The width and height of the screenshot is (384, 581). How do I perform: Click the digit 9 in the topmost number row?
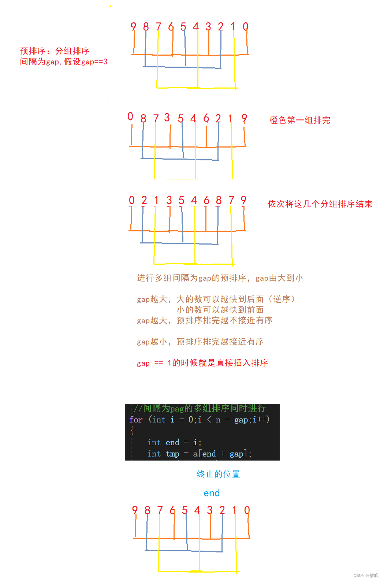[133, 26]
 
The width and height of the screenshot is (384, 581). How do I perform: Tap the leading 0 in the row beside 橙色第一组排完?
[130, 116]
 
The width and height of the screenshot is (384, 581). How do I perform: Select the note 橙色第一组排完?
[300, 120]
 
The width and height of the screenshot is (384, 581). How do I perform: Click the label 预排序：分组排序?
[55, 51]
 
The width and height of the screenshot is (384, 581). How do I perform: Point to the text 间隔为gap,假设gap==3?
[64, 62]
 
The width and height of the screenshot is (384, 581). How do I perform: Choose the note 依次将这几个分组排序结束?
[320, 204]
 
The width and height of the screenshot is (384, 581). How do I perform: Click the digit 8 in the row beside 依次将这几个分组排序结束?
[219, 200]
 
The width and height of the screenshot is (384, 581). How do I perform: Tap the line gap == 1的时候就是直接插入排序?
[202, 363]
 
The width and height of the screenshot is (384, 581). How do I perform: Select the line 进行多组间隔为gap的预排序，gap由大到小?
[220, 278]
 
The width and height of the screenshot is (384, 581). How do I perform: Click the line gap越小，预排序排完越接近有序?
[200, 342]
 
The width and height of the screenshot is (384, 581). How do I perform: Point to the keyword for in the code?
[136, 420]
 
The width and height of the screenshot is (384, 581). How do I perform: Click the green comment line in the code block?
[200, 408]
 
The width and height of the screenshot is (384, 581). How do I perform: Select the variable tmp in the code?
[172, 454]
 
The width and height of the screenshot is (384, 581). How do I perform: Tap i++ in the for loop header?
[260, 420]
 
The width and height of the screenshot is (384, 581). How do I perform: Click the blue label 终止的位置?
[218, 474]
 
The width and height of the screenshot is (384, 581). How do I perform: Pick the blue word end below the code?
[212, 493]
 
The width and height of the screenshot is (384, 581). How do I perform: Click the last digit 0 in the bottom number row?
[247, 510]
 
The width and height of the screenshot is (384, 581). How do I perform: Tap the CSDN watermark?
[366, 576]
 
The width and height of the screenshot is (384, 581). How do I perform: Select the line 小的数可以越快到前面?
[220, 310]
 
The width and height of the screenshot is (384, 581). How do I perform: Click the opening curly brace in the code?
[132, 431]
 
